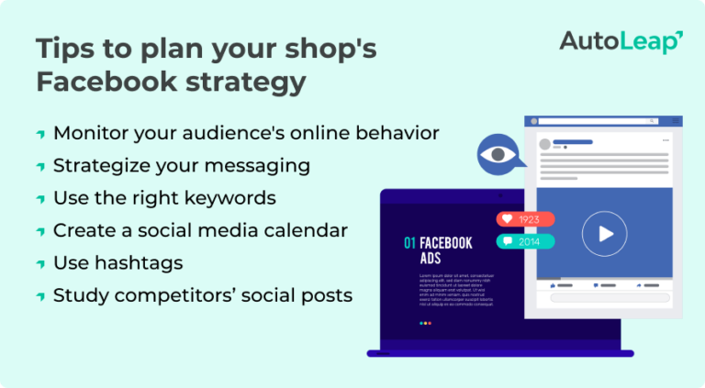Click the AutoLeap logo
pos(621,42)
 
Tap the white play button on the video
pos(604,233)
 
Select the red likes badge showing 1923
pos(526,220)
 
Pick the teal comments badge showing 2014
pos(526,242)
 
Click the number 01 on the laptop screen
pos(409,244)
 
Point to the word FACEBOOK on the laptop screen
pos(446,244)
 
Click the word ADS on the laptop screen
pos(431,260)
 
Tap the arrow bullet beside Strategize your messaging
pos(40,167)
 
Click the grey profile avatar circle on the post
pos(543,145)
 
